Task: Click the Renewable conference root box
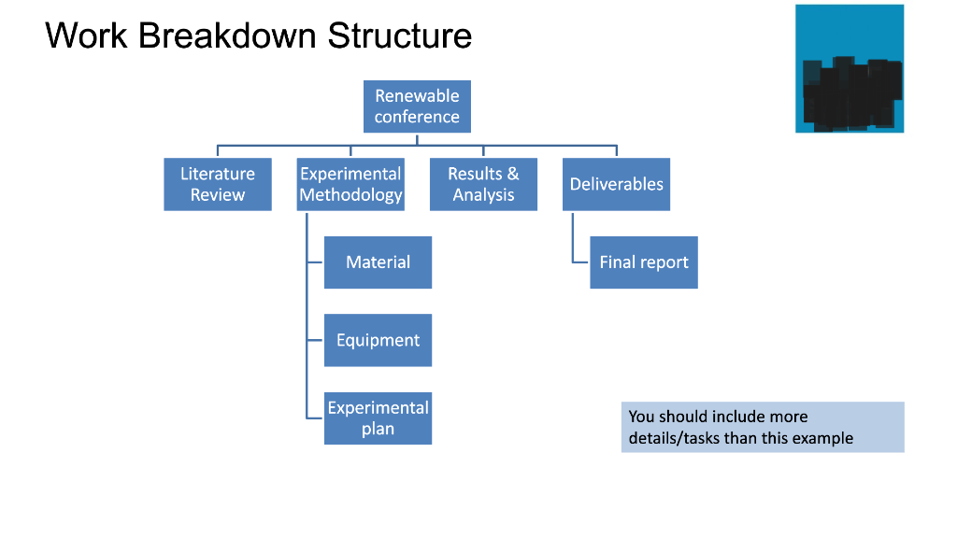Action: click(417, 106)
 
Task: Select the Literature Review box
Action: click(218, 184)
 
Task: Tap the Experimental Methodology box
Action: click(350, 184)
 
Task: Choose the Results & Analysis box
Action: click(483, 184)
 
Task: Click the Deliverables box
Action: click(616, 184)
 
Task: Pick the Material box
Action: click(378, 262)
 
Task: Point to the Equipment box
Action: click(378, 340)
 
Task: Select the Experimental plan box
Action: click(378, 418)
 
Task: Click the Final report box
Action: click(644, 262)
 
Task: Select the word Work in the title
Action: click(84, 35)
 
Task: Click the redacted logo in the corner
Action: click(850, 69)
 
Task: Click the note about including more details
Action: click(763, 427)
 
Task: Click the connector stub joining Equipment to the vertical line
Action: click(315, 341)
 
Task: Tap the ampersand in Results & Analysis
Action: click(513, 174)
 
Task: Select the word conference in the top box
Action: click(417, 117)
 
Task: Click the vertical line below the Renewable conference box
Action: click(418, 139)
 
